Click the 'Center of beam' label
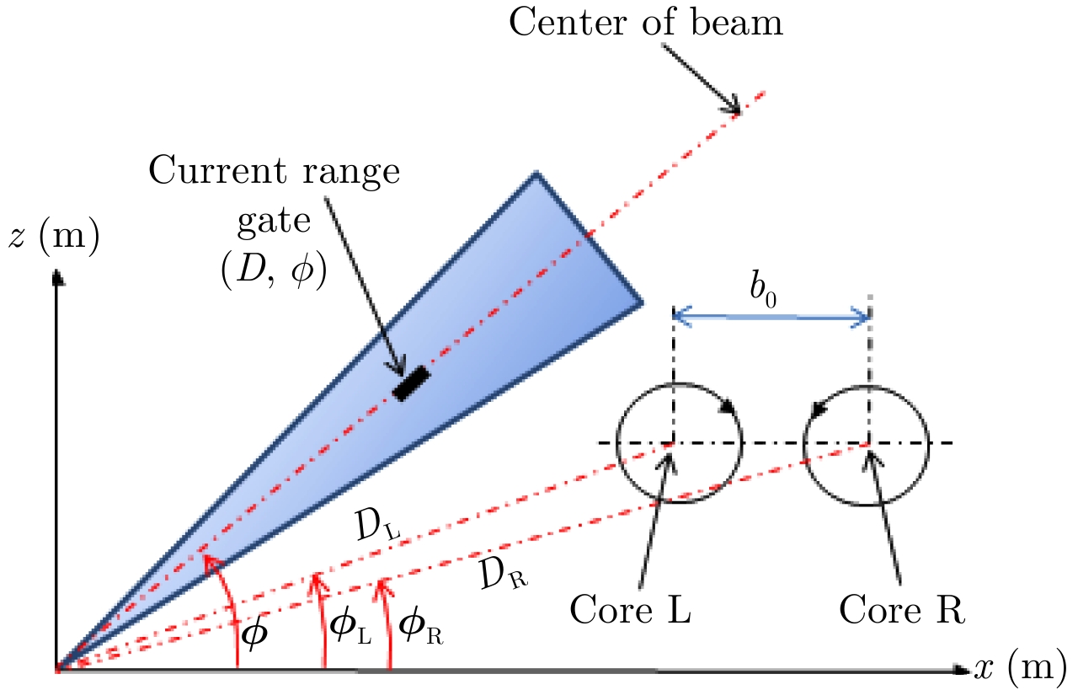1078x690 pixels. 646,23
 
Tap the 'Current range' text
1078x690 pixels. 274,172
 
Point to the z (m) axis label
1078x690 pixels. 53,238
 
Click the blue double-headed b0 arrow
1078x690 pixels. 771,317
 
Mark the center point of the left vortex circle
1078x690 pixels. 671,443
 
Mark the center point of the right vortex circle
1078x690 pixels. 868,443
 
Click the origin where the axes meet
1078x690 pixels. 57,671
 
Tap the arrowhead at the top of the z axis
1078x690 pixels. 57,276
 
